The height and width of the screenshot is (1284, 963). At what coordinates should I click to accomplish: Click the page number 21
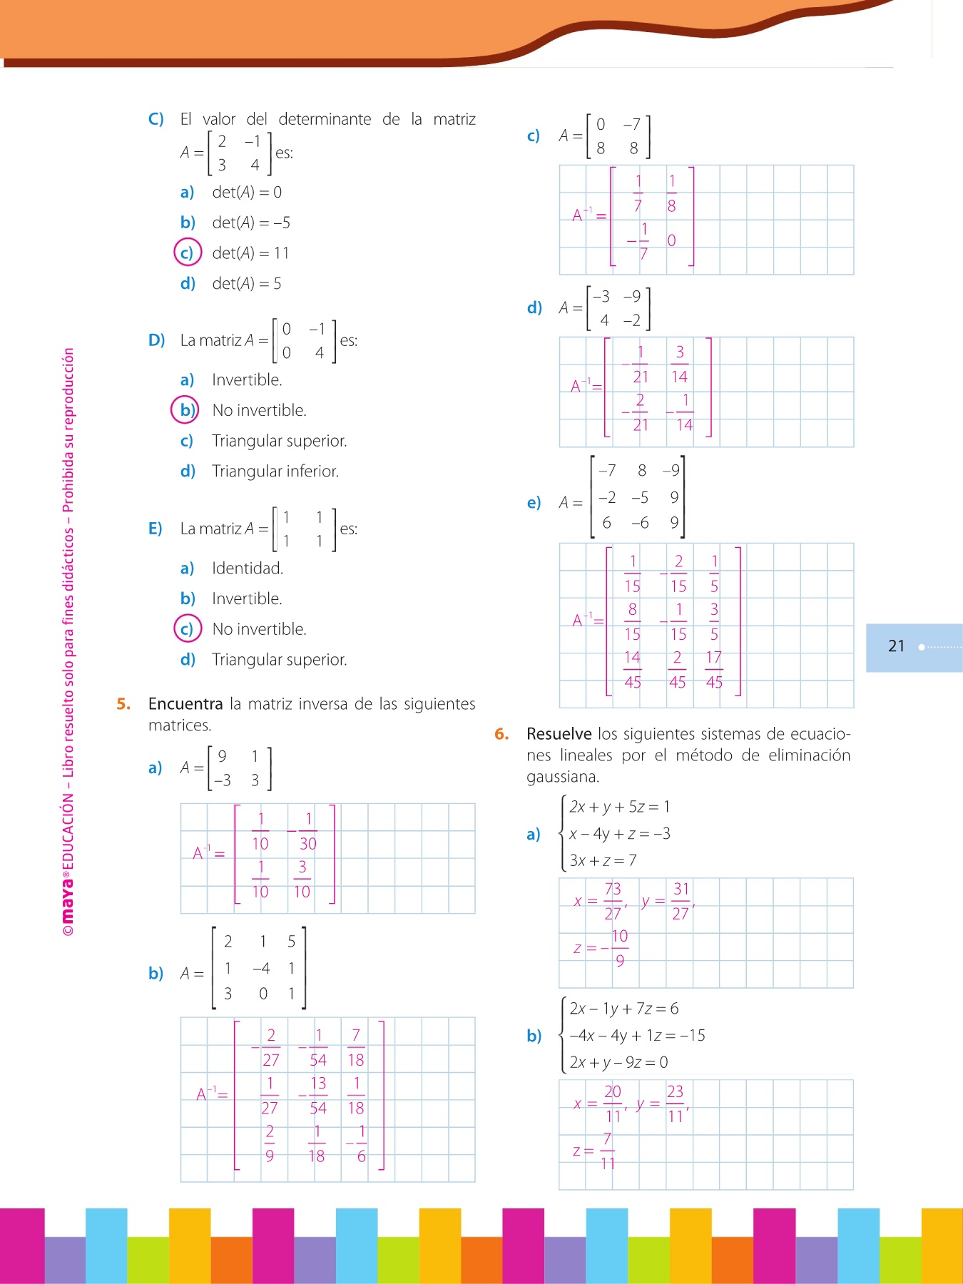click(x=896, y=646)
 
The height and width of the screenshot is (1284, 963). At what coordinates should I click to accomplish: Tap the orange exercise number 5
click(x=123, y=704)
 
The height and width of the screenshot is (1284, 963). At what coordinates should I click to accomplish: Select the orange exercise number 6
click(x=501, y=734)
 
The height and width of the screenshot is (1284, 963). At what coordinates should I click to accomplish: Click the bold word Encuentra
click(x=185, y=704)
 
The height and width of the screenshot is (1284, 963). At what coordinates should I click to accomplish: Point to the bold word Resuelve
click(x=559, y=734)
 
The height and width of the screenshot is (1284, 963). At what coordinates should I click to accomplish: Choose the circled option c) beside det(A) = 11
click(x=187, y=253)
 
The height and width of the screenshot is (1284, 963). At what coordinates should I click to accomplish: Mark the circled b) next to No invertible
click(x=185, y=410)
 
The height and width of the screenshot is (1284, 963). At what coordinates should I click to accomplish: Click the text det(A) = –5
click(x=251, y=223)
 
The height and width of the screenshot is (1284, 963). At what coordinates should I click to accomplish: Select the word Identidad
click(x=248, y=569)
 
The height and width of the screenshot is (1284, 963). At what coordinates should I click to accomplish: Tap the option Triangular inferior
click(x=275, y=472)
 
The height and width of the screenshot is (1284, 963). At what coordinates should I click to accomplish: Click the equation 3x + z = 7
click(x=603, y=860)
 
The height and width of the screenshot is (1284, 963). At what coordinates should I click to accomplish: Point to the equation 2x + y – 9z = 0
click(x=618, y=1062)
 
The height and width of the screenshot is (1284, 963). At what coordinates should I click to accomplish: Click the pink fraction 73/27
click(x=613, y=901)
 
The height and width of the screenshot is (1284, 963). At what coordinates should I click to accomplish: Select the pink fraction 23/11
click(x=676, y=1104)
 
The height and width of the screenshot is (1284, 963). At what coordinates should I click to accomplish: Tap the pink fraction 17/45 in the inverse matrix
click(x=714, y=670)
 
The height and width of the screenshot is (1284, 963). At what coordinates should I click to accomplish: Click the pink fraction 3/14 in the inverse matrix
click(x=680, y=364)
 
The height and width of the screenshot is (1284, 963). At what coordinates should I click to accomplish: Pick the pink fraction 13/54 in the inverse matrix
click(x=318, y=1096)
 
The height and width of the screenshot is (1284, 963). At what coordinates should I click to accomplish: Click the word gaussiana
click(x=563, y=777)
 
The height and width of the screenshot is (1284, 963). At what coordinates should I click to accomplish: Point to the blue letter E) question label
click(x=156, y=529)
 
